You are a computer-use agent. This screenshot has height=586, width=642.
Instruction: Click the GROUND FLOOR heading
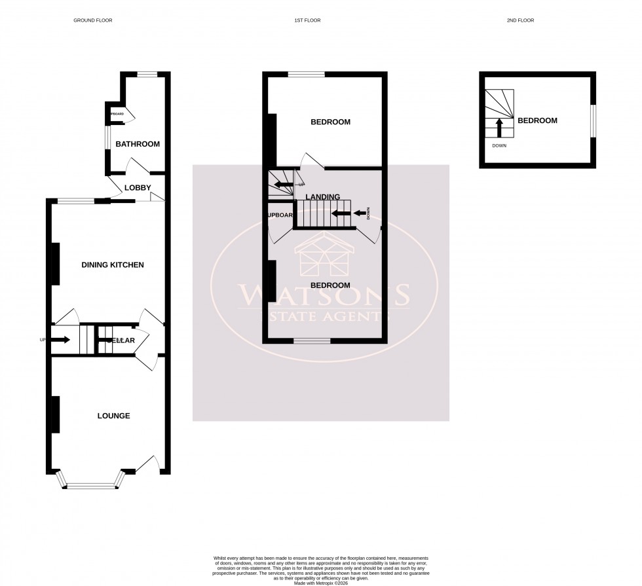point(92,20)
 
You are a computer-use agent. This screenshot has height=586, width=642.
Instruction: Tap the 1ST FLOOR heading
point(307,20)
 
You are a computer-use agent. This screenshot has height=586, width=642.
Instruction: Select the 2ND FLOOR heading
point(521,20)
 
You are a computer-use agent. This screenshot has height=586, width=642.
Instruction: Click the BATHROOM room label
point(138,144)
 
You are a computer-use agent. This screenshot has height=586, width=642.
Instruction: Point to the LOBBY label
point(138,188)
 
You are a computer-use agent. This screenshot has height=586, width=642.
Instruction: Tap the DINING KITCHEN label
point(112,265)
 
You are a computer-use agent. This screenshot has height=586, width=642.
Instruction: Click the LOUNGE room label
point(113,416)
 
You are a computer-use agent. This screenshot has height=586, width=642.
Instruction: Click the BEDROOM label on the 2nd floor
point(537,120)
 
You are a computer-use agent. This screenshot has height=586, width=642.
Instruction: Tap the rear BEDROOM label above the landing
point(330,122)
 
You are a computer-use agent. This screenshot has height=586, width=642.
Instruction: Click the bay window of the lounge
point(91,485)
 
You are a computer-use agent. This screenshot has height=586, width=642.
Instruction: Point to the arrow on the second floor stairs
point(499,126)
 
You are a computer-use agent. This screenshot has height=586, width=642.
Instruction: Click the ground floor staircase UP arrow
point(61,340)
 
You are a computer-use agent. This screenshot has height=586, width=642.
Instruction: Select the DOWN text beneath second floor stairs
point(499,145)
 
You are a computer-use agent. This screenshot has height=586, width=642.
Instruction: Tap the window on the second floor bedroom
point(594,121)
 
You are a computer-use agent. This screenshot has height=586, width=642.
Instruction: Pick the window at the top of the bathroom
point(147,74)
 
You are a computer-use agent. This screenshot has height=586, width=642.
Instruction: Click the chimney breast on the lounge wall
point(55,414)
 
